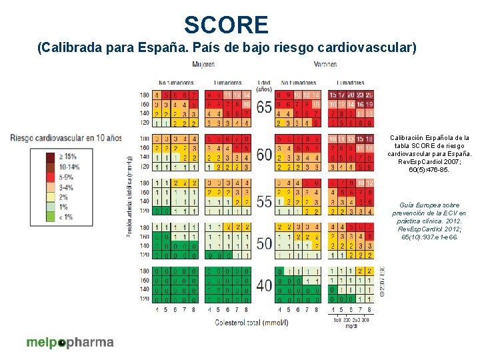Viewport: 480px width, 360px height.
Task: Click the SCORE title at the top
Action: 226,25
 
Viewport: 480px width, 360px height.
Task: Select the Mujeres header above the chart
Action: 203,65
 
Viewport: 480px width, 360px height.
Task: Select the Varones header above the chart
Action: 325,65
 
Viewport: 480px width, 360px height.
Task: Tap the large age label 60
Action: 264,155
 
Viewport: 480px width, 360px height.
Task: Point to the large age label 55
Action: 264,200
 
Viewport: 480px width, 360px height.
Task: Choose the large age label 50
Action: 264,243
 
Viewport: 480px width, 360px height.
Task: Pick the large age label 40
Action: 264,286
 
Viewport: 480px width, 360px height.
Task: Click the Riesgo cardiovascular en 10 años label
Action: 66,137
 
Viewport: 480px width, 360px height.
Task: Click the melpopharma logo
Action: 70,343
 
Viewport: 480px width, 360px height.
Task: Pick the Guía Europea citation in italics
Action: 429,221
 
